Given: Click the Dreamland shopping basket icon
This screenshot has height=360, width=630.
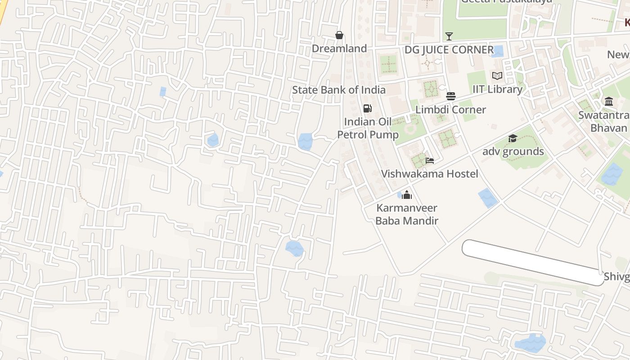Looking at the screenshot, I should coord(339,35).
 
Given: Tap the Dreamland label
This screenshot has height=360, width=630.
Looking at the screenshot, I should coord(339,48).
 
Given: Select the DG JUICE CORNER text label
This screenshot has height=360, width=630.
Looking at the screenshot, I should coord(449,50).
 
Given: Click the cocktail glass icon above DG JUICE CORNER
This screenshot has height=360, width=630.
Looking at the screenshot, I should coord(449,36).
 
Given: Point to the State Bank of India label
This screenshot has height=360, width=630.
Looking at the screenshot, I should coord(338,90).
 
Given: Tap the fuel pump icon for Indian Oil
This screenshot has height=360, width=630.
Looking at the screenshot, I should coord(367,108).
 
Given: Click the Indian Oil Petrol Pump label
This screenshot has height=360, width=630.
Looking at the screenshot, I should coord(368,128).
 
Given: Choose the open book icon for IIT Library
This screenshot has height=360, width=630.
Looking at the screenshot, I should coord(497,76).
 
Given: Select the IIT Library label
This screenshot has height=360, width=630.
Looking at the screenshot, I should coord(497,89).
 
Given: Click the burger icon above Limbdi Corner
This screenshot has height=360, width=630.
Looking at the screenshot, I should coord(450,96).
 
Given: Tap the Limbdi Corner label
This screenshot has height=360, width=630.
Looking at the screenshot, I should coord(450,109).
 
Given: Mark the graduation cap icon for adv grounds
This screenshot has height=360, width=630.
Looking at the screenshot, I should coord(513,138).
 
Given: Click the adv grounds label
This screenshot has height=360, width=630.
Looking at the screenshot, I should coord(513,151).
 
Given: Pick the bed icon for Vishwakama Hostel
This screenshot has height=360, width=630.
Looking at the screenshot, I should coord(429,161).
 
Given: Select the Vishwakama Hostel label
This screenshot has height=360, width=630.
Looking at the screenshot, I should coord(429,174).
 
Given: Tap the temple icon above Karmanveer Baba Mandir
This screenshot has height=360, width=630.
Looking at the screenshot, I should coord(407,195).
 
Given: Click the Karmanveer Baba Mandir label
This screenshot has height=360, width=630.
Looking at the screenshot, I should coord(407,214).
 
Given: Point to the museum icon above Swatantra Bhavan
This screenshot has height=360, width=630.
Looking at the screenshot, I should coord(609,102).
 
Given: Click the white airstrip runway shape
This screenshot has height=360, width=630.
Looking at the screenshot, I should coord(533,262).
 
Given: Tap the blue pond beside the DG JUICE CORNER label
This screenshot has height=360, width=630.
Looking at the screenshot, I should coord(498,51).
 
